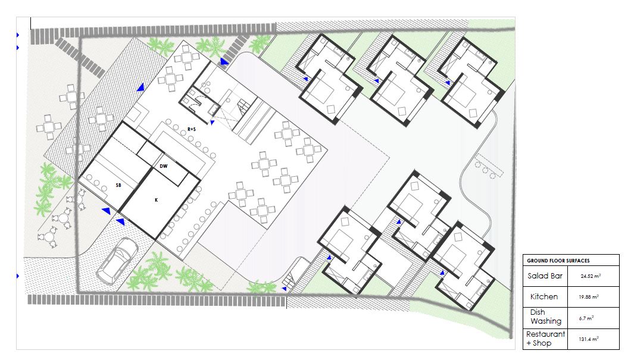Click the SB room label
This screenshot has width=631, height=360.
tap(118, 185)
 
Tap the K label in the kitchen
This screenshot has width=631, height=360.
tap(157, 200)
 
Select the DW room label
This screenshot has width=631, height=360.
tap(163, 166)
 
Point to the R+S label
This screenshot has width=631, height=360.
tap(192, 129)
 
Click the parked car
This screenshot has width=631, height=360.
tap(117, 261)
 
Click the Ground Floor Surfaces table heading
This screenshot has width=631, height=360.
tap(558, 261)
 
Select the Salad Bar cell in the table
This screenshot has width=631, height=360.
tap(545, 276)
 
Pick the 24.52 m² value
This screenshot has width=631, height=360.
tap(591, 276)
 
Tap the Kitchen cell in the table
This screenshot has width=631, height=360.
tap(543, 297)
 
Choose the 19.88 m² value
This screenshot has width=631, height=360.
tap(589, 298)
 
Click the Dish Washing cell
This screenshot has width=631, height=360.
tap(546, 317)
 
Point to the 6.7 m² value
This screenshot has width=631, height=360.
tap(586, 318)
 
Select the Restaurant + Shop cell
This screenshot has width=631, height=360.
tap(546, 339)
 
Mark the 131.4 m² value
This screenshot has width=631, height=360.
tap(589, 339)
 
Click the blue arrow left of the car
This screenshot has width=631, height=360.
tap(106, 211)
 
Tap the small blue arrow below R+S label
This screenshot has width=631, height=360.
tap(212, 123)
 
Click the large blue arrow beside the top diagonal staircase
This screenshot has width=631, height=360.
tap(224, 61)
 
